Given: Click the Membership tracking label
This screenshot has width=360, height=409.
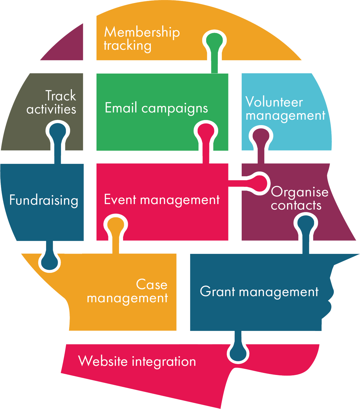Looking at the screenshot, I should click(x=141, y=39).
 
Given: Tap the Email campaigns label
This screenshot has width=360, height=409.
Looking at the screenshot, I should click(x=156, y=108).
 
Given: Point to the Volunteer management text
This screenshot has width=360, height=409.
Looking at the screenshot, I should click(x=285, y=109).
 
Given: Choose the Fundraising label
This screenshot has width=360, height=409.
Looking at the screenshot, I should click(x=44, y=200).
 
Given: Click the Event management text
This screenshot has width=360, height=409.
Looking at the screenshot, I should click(x=162, y=200).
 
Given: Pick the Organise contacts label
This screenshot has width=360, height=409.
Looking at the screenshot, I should click(x=299, y=199).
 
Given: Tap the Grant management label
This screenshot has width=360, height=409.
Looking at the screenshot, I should click(x=259, y=292).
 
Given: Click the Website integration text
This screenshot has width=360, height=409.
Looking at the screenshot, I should click(x=137, y=361).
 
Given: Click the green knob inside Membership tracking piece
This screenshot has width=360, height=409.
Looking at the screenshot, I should click(x=214, y=41).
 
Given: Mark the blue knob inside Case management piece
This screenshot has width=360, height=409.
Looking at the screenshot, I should click(x=50, y=262).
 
